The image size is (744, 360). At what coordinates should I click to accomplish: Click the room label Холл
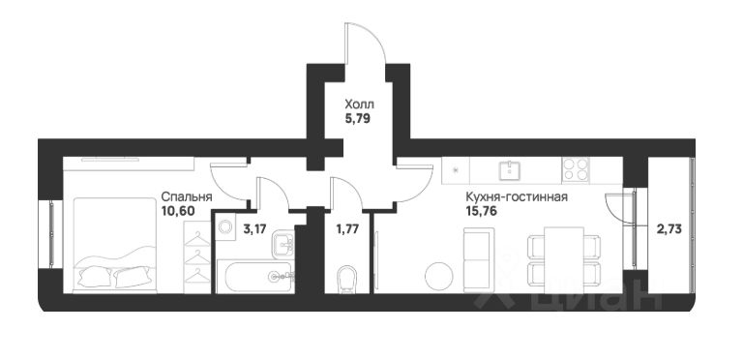coord(359,103)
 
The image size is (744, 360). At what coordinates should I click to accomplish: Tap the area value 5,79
coord(357,117)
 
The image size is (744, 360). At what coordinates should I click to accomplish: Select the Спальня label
coord(187,196)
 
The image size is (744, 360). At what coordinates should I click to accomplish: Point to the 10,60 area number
coord(178,211)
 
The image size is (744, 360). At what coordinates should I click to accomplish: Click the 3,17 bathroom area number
coord(254,229)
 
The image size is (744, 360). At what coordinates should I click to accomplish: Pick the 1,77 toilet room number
coord(347,229)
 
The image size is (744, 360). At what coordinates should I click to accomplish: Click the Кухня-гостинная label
coord(517,196)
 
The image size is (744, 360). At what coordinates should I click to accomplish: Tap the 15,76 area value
coord(481,211)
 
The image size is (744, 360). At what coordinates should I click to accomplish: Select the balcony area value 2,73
coord(670,229)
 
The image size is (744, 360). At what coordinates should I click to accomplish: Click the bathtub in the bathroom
coord(260,277)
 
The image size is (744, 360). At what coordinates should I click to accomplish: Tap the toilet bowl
coord(346,279)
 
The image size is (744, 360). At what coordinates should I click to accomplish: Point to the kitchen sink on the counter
coord(510,170)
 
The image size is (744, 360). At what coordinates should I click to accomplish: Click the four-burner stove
coord(576,169)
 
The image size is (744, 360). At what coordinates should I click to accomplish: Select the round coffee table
coord(439,276)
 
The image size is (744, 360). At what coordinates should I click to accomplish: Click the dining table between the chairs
coord(564,260)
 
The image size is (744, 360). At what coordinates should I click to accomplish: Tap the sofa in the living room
coord(479,260)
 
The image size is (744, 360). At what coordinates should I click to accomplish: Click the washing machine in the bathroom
coord(225,226)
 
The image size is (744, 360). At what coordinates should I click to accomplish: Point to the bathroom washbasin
coord(284,244)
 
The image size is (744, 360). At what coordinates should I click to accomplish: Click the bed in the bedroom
coord(115,245)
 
